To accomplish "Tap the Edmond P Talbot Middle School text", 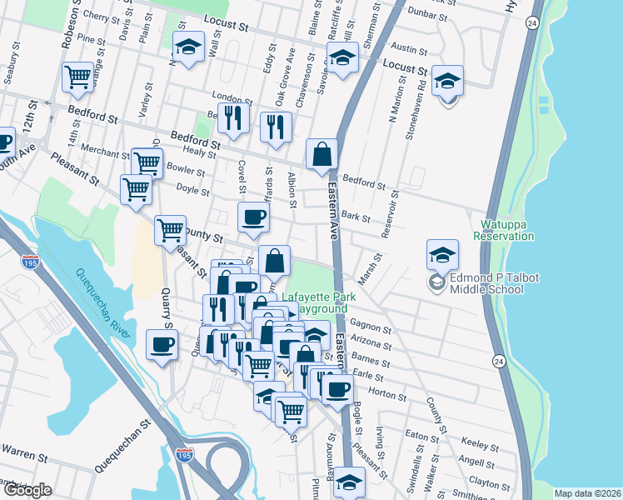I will (487, 283).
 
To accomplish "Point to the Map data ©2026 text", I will (587, 493).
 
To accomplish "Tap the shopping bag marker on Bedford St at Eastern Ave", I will (321, 155).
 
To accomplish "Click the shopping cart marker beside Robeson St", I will (77, 77).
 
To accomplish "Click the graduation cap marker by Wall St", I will (189, 47).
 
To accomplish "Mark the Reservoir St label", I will (391, 215).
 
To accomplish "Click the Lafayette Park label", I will (318, 297).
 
